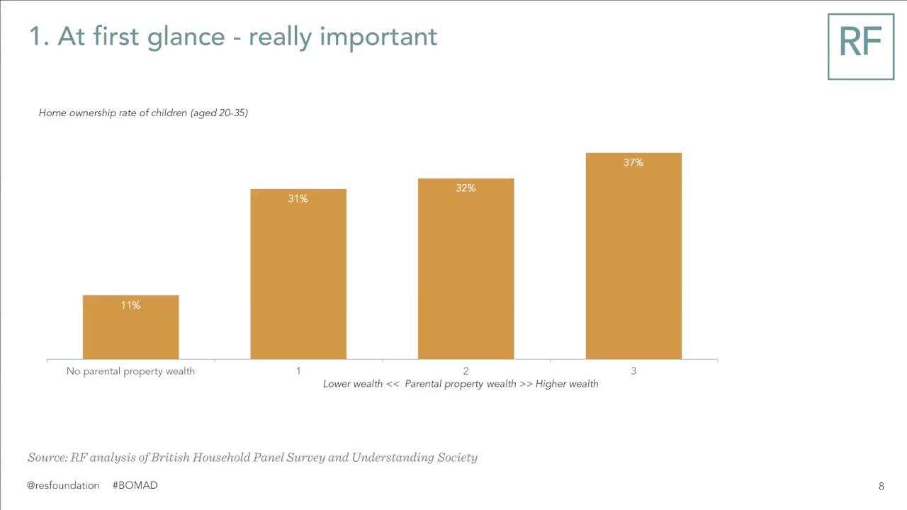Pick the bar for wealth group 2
click(466, 269)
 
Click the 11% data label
click(130, 305)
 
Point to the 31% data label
click(298, 199)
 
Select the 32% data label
click(466, 188)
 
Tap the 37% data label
click(633, 163)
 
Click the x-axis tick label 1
click(298, 371)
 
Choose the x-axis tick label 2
click(466, 371)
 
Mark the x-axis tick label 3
click(633, 371)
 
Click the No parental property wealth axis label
click(130, 371)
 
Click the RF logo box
click(860, 46)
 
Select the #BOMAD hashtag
click(135, 485)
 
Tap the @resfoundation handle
click(63, 485)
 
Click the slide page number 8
click(881, 486)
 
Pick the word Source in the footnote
click(47, 458)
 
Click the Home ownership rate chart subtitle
click(143, 113)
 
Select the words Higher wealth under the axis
click(567, 384)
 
